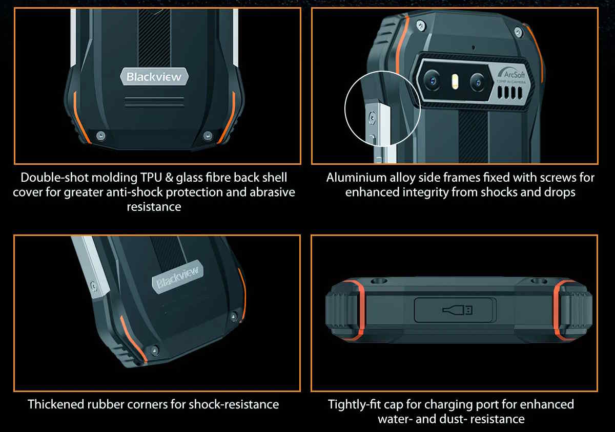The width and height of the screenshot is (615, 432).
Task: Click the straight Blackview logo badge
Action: point(154,77)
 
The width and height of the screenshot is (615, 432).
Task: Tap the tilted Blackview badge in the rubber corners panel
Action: point(178,277)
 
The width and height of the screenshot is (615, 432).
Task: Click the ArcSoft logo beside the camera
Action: point(511,74)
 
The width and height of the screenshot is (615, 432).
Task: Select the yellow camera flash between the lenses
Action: point(455,81)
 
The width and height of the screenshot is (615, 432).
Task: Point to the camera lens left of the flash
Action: point(433,81)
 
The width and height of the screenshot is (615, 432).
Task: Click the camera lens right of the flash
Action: point(477,82)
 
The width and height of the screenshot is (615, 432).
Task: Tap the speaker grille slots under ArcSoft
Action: point(510,93)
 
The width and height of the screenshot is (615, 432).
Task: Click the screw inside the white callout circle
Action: point(372,118)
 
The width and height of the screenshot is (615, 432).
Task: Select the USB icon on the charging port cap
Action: point(457,310)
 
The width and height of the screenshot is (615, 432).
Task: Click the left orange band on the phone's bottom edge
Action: point(357,310)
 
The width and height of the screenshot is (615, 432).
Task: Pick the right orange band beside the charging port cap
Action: point(560,310)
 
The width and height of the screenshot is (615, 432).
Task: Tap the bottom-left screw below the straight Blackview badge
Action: point(101,136)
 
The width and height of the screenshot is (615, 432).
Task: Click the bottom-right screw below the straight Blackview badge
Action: point(207,136)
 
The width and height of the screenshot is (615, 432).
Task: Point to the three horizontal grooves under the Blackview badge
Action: point(154,101)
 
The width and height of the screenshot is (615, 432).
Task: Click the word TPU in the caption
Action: point(151,178)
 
